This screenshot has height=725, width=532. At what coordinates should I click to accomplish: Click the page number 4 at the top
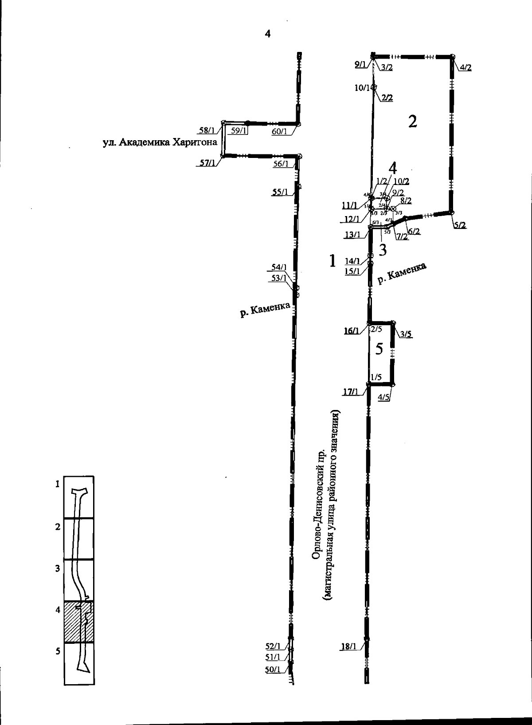267,34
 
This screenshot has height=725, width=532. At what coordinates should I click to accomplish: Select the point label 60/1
280,131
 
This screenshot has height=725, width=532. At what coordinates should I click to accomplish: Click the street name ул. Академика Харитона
160,143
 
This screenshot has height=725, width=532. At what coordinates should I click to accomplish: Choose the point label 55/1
280,192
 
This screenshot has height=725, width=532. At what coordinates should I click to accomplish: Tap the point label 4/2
465,67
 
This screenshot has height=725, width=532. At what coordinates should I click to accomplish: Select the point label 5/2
460,225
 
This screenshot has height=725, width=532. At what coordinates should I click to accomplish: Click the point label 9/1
360,65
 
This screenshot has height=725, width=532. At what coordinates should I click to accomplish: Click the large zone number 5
379,349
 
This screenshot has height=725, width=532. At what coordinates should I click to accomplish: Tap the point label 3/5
406,334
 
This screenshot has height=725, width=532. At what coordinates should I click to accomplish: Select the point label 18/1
348,647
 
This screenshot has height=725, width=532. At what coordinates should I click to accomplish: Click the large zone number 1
332,261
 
